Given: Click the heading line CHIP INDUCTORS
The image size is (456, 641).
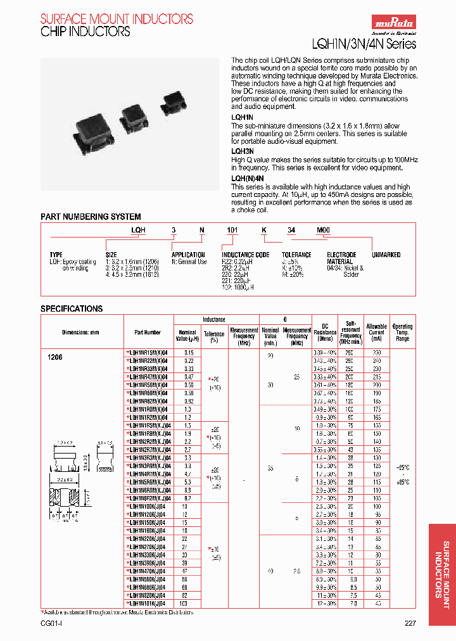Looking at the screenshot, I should click(85, 31).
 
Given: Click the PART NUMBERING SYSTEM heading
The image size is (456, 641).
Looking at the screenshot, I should click(91, 217).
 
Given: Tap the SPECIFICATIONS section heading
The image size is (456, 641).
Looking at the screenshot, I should click(72, 308).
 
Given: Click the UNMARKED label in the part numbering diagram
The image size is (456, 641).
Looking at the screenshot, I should click(386, 255).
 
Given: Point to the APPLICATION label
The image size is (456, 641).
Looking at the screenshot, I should click(189, 255).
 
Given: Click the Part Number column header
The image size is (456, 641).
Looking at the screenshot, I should click(148, 332).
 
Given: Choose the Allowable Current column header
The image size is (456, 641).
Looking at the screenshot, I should click(376, 332).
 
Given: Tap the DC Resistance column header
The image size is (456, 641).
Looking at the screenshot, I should click(325, 332).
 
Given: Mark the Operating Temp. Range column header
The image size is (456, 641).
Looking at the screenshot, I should click(402, 332).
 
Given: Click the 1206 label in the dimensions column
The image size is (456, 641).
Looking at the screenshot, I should click(56, 357).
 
